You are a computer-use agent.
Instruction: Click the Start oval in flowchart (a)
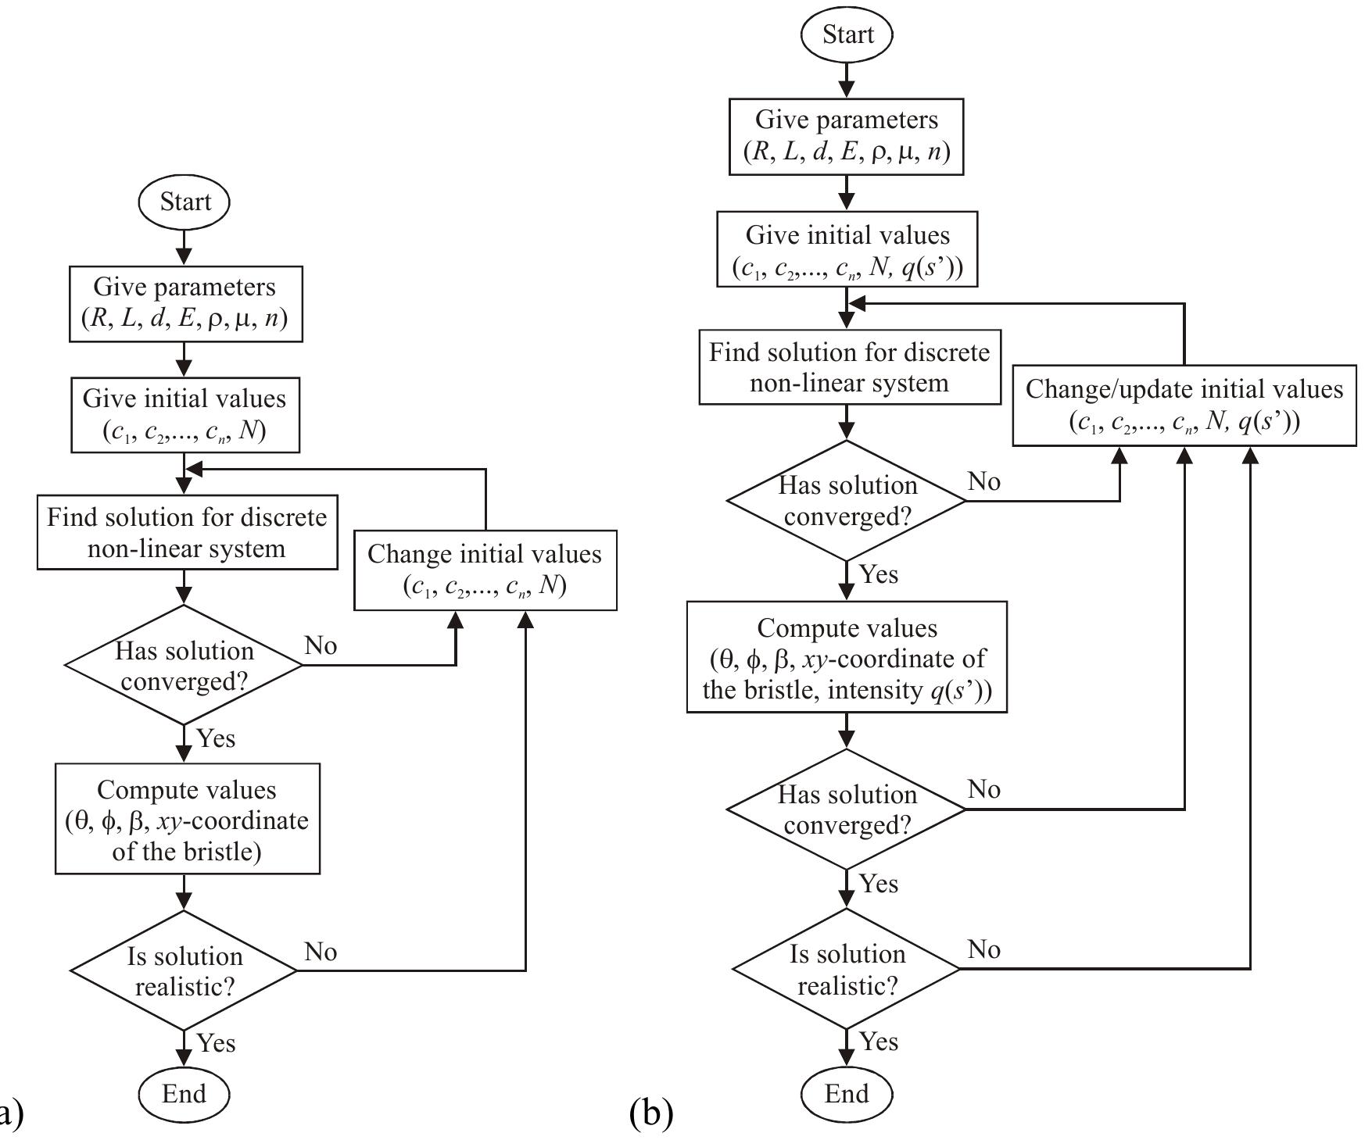pyautogui.click(x=184, y=202)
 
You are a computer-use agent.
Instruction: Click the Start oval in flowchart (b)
pyautogui.click(x=847, y=35)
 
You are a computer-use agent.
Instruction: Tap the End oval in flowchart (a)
pyautogui.click(x=184, y=1093)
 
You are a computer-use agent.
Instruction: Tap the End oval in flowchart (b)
pyautogui.click(x=847, y=1093)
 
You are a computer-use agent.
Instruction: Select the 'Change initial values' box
pyautogui.click(x=485, y=570)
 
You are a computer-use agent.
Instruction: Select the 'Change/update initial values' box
pyautogui.click(x=1184, y=405)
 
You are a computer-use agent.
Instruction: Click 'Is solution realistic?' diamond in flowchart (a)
pyautogui.click(x=184, y=971)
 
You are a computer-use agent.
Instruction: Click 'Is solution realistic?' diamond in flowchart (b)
pyautogui.click(x=847, y=969)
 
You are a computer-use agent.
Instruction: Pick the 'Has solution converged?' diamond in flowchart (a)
pyautogui.click(x=184, y=666)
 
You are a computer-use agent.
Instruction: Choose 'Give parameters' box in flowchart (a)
pyautogui.click(x=185, y=303)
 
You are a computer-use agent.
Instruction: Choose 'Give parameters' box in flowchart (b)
pyautogui.click(x=847, y=136)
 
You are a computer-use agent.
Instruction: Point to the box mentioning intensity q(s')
pyautogui.click(x=847, y=658)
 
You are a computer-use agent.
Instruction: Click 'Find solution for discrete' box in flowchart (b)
pyautogui.click(x=849, y=367)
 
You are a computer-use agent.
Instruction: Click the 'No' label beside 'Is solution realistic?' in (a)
pyautogui.click(x=321, y=951)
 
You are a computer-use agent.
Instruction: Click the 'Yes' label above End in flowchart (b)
pyautogui.click(x=879, y=1042)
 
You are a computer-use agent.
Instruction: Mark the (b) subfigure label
pyautogui.click(x=650, y=1113)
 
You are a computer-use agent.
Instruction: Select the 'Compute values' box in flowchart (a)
pyautogui.click(x=187, y=819)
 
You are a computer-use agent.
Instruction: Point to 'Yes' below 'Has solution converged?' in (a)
pyautogui.click(x=216, y=738)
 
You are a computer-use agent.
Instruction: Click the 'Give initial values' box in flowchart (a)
pyautogui.click(x=184, y=414)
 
